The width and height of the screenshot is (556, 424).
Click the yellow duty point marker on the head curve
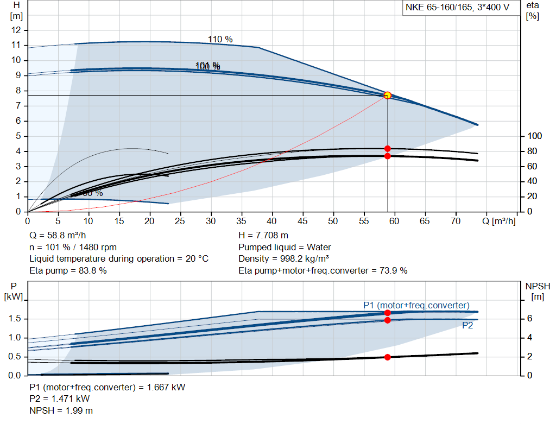387,96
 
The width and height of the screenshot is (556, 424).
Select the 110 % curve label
220,39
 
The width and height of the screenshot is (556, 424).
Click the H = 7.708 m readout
263,236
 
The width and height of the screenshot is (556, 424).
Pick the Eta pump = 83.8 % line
68,270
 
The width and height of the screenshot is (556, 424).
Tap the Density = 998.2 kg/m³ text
284,259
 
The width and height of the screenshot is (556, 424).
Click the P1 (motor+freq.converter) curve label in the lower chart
416,305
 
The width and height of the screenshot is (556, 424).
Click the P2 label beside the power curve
467,326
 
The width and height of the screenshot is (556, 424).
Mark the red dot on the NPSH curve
387,357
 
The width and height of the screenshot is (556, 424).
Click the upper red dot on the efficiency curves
387,149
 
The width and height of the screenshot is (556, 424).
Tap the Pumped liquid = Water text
285,248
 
